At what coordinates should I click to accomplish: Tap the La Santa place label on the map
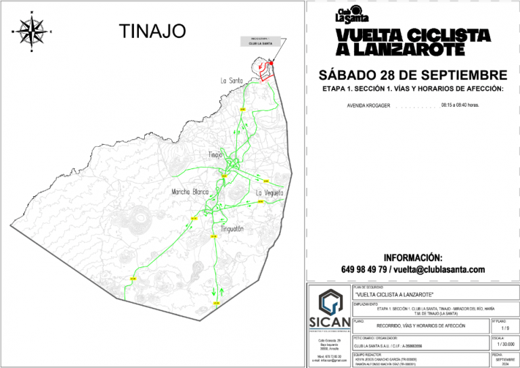(x=232, y=80)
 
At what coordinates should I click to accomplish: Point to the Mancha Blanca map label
(x=191, y=192)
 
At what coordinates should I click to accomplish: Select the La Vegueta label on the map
(x=269, y=193)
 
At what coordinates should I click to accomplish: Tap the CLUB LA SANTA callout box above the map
(x=260, y=41)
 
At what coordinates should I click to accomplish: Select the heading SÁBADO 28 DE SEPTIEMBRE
(x=413, y=74)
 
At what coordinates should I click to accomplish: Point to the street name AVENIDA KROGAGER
(x=368, y=106)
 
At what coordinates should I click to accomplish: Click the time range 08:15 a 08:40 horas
(x=460, y=106)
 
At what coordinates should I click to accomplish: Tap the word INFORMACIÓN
(x=412, y=258)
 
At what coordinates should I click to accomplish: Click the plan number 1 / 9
(x=505, y=327)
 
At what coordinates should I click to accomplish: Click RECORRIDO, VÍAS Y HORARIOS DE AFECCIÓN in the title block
(x=421, y=326)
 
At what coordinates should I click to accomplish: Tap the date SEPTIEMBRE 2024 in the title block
(x=505, y=361)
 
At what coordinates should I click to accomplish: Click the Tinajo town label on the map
(x=215, y=153)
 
